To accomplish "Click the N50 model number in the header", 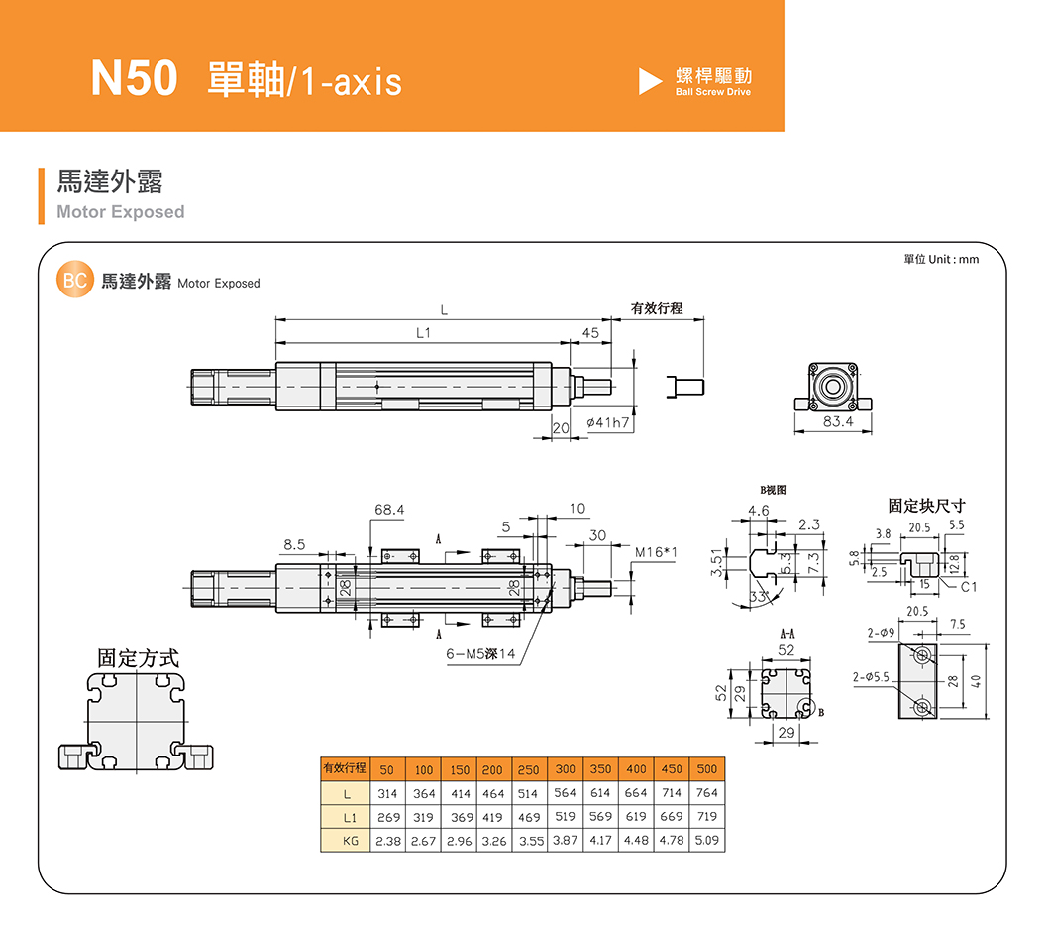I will pos(134,79).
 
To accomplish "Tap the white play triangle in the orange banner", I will pos(650,81).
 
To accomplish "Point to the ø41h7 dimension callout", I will pos(609,424).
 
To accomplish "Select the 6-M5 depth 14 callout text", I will pos(480,654).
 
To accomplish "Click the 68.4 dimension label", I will pos(389,509).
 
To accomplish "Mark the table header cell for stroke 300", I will pos(565,769).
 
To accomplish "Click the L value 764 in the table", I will pos(706,793).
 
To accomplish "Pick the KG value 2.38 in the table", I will pos(385,841).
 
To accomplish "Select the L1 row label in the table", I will pos(347,817).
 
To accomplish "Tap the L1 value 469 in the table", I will pos(529,817).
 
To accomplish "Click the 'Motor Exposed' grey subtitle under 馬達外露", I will pos(121,212).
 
